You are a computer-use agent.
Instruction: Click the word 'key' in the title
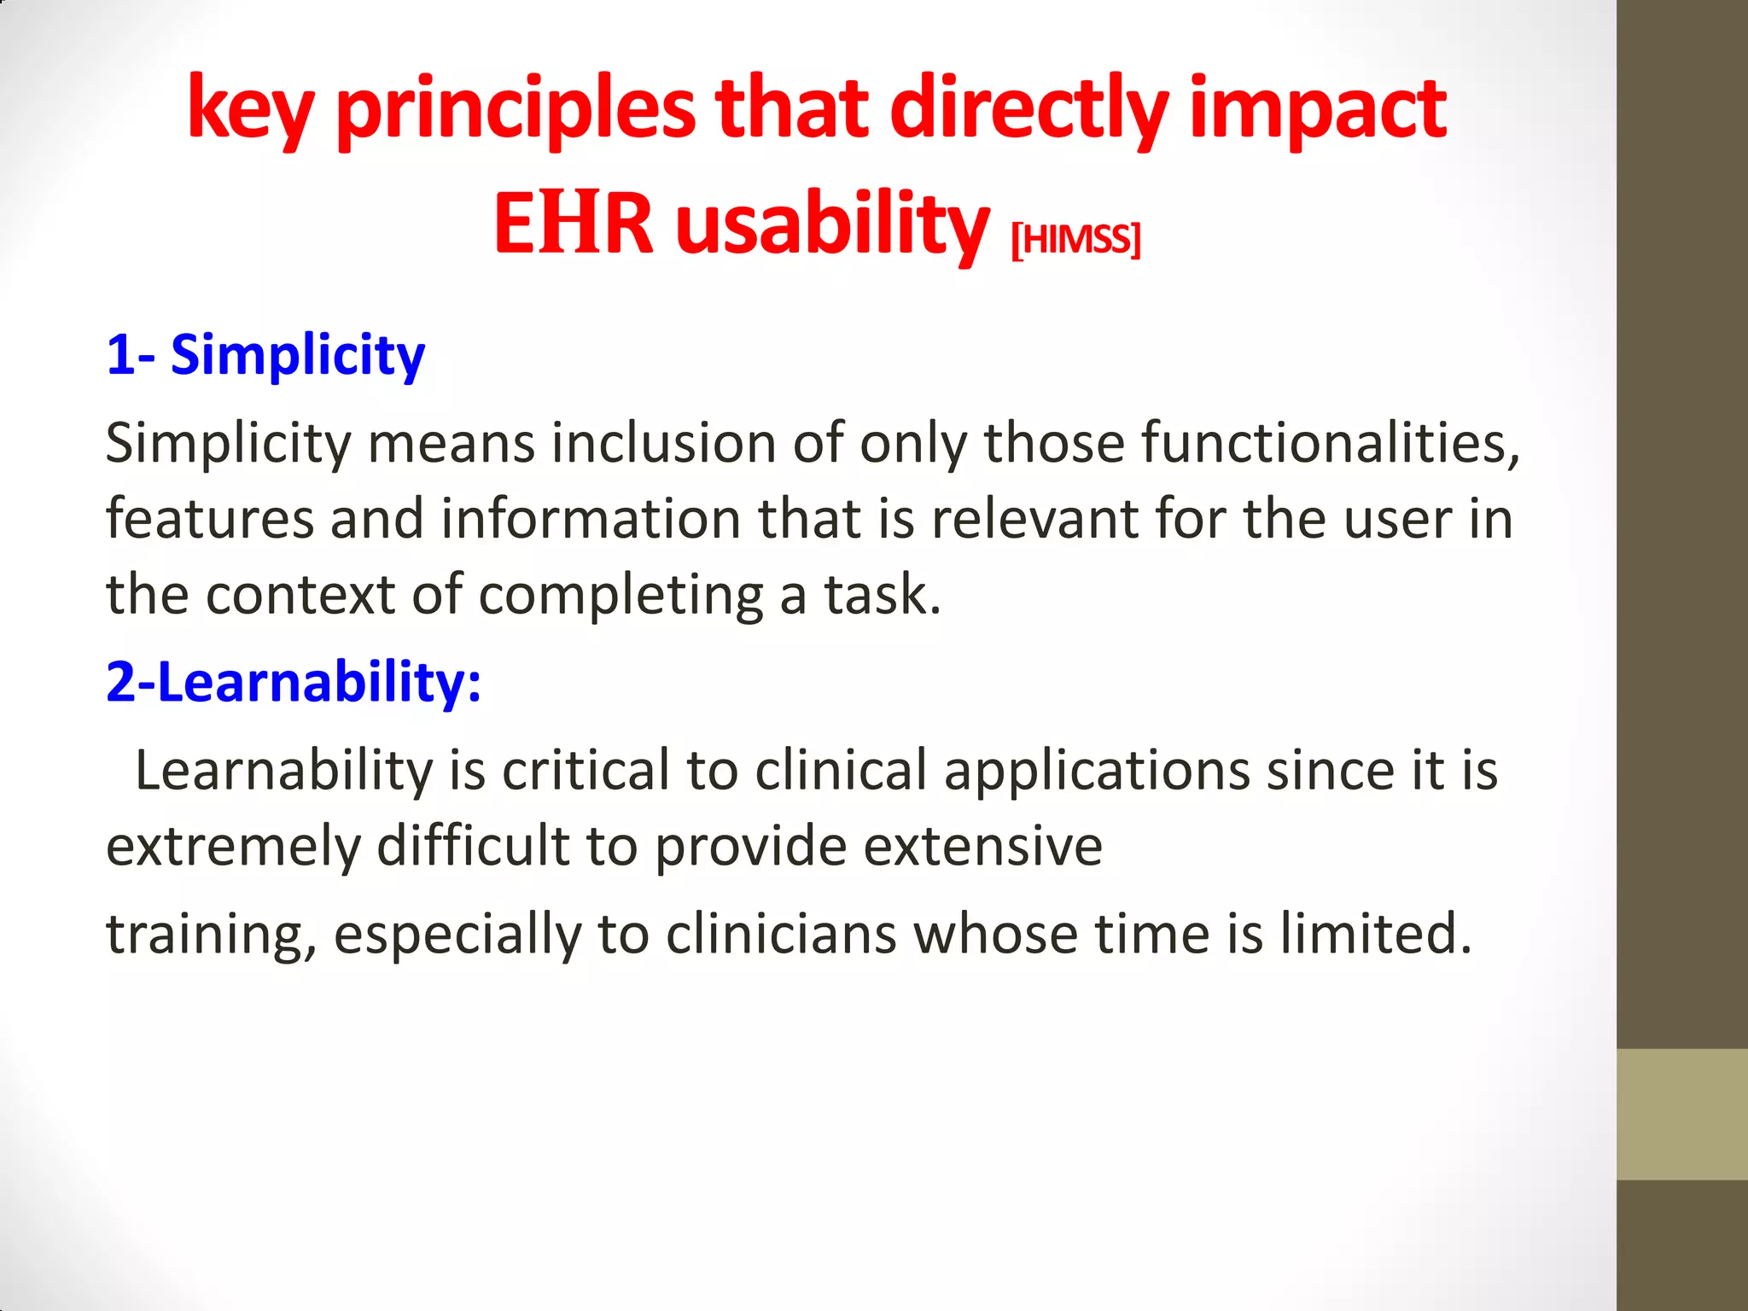coord(250,111)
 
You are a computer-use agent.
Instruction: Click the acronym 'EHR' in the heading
coord(573,224)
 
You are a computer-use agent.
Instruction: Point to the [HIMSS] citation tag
coord(1075,240)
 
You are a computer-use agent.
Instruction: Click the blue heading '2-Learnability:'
coord(294,682)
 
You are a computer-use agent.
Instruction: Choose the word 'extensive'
coord(982,846)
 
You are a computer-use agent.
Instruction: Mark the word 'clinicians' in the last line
coord(781,934)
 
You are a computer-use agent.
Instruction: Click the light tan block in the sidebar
coord(1681,1114)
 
